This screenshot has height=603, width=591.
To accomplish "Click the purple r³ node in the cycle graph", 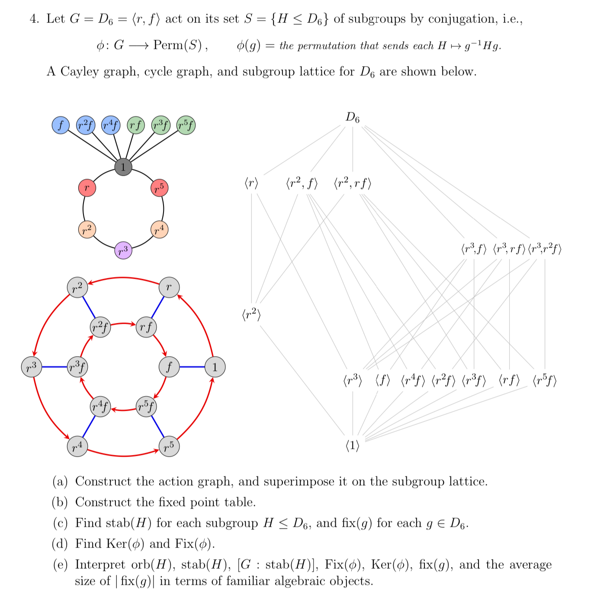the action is pyautogui.click(x=123, y=251).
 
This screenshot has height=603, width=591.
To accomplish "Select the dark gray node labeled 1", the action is pyautogui.click(x=123, y=167).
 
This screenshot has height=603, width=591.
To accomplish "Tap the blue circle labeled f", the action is pyautogui.click(x=61, y=126).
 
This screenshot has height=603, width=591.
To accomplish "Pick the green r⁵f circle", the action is pyautogui.click(x=186, y=126).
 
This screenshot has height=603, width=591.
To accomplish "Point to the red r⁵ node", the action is pyautogui.click(x=159, y=188).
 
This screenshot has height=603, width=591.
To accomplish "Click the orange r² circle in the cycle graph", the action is pyautogui.click(x=87, y=229).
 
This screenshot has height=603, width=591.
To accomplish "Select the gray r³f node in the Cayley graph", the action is pyautogui.click(x=78, y=367).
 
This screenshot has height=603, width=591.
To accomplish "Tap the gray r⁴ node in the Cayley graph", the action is pyautogui.click(x=77, y=446).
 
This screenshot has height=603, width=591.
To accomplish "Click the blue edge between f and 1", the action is pyautogui.click(x=192, y=367).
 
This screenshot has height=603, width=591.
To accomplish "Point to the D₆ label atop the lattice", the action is pyautogui.click(x=353, y=117).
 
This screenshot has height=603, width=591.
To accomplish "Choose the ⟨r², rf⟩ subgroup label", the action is pyautogui.click(x=353, y=184).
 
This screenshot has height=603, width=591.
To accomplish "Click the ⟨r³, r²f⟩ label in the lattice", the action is pyautogui.click(x=545, y=249).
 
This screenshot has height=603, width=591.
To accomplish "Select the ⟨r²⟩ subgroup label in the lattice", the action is pyautogui.click(x=251, y=315).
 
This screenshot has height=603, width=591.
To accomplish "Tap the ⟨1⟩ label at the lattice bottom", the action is pyautogui.click(x=353, y=445).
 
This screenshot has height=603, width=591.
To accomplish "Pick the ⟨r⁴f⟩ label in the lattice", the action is pyautogui.click(x=413, y=381).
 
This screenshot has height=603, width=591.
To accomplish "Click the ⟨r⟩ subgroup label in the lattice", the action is pyautogui.click(x=251, y=184).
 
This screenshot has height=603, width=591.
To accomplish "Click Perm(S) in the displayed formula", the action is pyautogui.click(x=177, y=45).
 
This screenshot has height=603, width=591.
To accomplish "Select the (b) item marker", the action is pyautogui.click(x=60, y=502).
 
